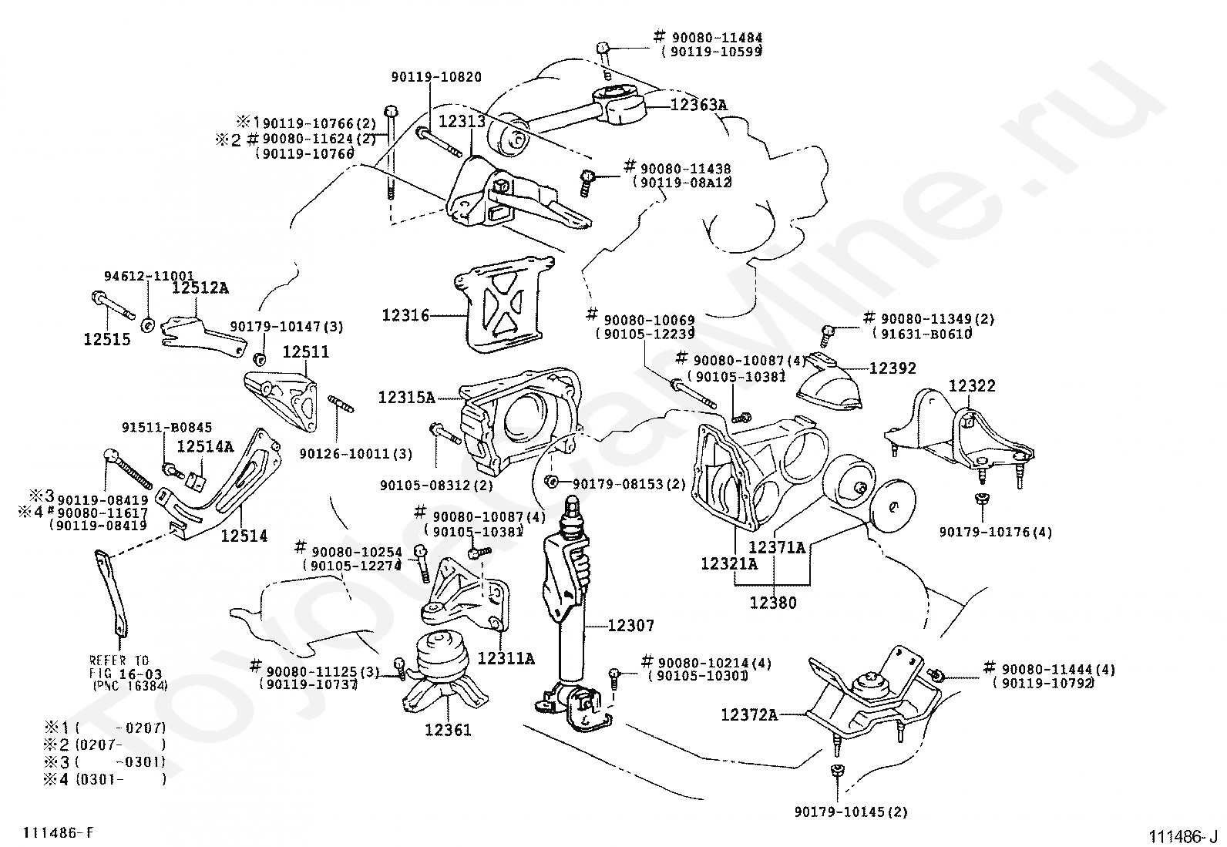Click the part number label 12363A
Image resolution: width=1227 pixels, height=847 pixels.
coord(699,104)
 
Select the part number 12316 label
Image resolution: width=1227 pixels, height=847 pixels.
coord(405,315)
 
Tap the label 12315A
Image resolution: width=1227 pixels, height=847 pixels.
coord(406,397)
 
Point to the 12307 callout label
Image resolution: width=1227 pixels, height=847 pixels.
coord(631,625)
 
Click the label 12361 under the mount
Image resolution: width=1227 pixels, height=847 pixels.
coord(448,729)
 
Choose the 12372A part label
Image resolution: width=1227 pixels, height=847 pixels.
coord(749,714)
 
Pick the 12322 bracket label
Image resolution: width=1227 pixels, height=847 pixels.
coord(972,385)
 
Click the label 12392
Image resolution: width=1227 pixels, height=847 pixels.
coord(893,368)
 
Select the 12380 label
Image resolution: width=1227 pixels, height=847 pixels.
coord(773,603)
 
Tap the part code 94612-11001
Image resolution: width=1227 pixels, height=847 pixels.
coord(149,276)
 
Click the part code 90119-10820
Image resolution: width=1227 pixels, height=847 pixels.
coord(436,77)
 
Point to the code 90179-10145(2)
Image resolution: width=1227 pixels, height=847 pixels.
coord(851,812)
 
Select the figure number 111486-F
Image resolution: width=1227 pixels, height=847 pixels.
coord(58,832)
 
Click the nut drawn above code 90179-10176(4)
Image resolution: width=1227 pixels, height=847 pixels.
coord(981,498)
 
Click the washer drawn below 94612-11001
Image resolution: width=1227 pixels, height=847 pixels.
coord(147,325)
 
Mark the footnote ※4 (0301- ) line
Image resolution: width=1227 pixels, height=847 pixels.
coord(105,778)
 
